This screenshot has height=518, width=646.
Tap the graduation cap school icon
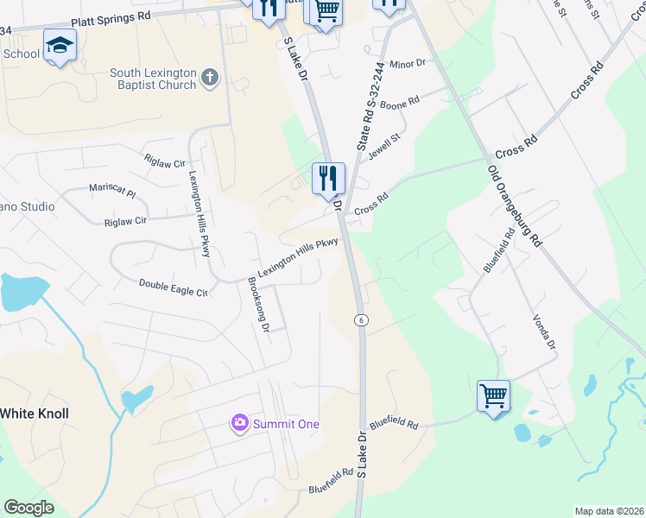click(x=60, y=45)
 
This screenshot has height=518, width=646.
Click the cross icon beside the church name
click(x=208, y=79)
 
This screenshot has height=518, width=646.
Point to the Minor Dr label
click(x=408, y=64)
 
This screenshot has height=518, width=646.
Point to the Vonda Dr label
click(x=544, y=331)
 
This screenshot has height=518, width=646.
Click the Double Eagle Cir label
click(x=174, y=287)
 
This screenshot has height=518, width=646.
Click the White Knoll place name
click(x=34, y=414)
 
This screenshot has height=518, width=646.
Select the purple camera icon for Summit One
click(x=238, y=423)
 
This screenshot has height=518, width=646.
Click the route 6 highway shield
click(x=361, y=319)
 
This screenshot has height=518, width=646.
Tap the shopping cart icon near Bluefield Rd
click(x=493, y=396)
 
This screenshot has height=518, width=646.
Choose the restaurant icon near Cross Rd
click(x=328, y=179)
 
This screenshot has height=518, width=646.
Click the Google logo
click(x=28, y=508)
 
